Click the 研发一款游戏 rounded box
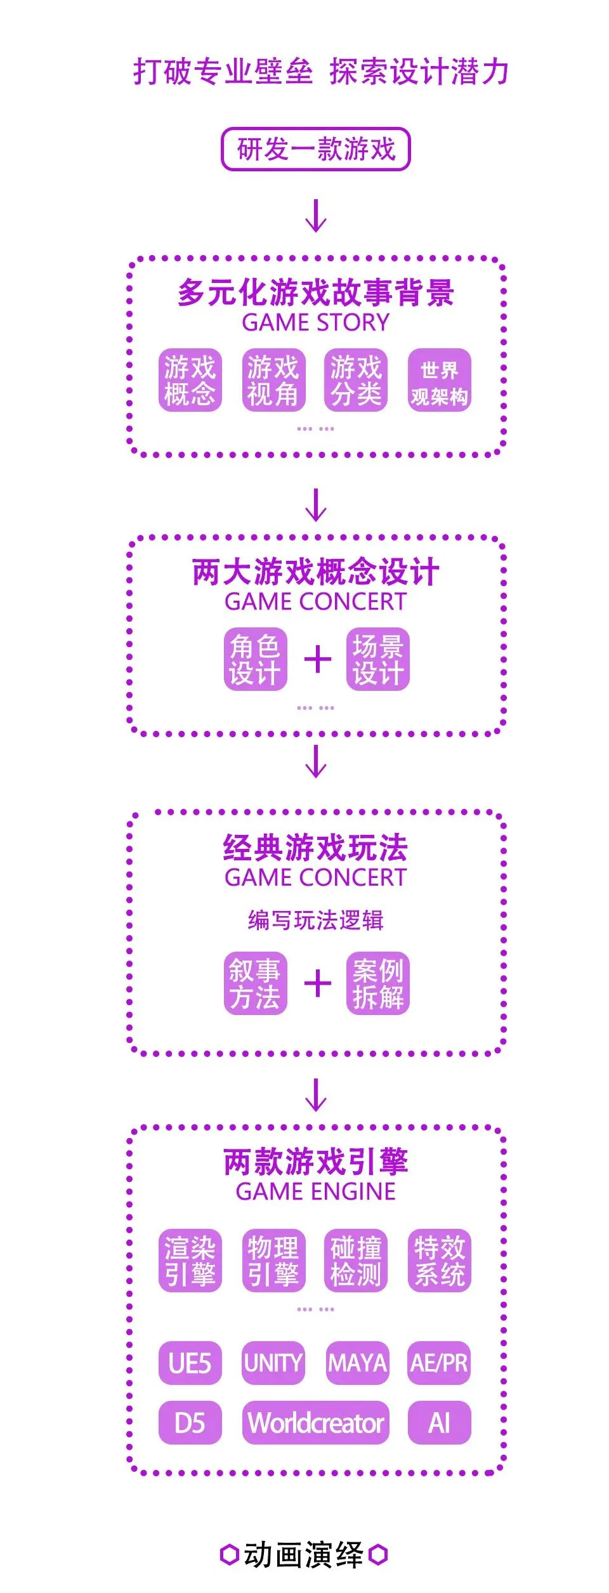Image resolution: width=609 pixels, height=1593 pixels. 315,150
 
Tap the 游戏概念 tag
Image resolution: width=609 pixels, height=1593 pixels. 190,380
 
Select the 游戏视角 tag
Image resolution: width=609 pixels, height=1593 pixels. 273,380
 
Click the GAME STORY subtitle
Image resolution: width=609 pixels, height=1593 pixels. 315,323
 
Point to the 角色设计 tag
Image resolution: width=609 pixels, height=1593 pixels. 255,659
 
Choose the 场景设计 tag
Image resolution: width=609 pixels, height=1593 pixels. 377,659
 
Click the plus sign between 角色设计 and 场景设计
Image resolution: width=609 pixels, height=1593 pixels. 317,660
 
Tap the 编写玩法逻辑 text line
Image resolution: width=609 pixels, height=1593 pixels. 315,920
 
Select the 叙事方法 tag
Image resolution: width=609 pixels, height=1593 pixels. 255,983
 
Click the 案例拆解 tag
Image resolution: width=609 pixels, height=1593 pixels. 377,983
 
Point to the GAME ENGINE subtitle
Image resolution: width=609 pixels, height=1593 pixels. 315,1192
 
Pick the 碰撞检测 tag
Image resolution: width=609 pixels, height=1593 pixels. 356,1261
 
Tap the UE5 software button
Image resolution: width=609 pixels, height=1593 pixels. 190,1363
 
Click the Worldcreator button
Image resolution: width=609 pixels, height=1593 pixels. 315,1424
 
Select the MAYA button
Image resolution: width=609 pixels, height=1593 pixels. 357,1363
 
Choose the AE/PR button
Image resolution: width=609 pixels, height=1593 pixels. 439,1363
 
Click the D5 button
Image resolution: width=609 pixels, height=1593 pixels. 190,1424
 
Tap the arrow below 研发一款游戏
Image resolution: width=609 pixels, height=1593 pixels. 316,216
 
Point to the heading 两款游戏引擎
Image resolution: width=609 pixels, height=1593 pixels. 315,1162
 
